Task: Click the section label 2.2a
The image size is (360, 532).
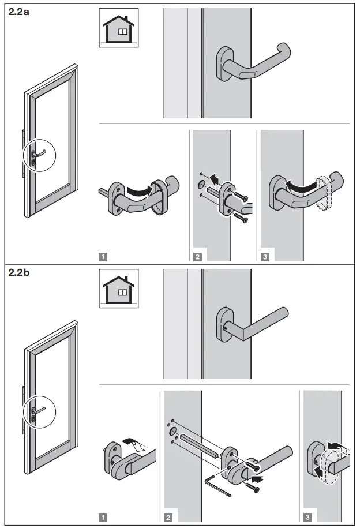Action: (20, 13)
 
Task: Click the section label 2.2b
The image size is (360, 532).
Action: (20, 273)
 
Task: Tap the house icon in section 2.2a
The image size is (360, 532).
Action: (118, 28)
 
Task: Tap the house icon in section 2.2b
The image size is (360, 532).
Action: (118, 287)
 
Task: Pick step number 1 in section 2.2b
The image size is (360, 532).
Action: (103, 517)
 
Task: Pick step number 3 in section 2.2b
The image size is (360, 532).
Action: (306, 517)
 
